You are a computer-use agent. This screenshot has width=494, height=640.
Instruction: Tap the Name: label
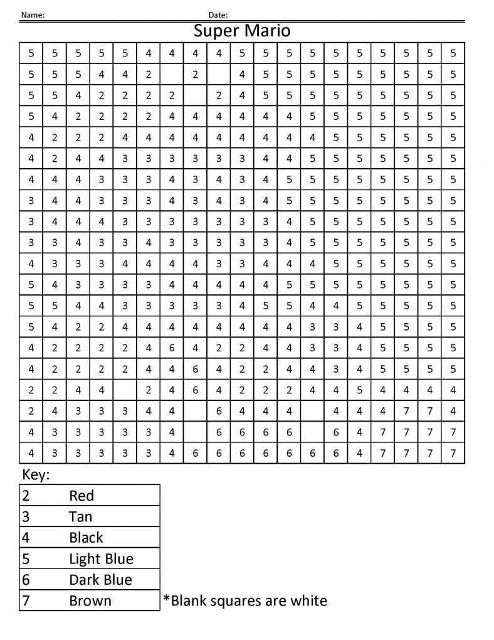33,14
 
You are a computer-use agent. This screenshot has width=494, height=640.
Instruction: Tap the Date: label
218,14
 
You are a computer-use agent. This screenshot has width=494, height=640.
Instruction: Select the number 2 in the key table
26,496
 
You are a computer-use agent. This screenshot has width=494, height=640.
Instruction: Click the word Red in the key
81,496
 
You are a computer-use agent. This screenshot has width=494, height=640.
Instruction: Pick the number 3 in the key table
26,516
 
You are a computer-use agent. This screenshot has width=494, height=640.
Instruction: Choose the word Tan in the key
81,516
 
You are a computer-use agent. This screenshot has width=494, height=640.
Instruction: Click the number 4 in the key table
26,538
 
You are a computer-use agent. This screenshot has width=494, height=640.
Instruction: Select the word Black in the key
87,538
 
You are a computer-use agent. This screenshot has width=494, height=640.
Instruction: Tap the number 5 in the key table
26,558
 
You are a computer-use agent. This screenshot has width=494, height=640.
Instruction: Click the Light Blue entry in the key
102,558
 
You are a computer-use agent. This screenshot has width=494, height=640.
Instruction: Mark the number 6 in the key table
26,579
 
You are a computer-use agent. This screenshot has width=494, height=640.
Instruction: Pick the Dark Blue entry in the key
101,579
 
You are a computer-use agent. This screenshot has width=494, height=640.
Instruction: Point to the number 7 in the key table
26,600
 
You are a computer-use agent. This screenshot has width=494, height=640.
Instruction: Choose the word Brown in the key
90,600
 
